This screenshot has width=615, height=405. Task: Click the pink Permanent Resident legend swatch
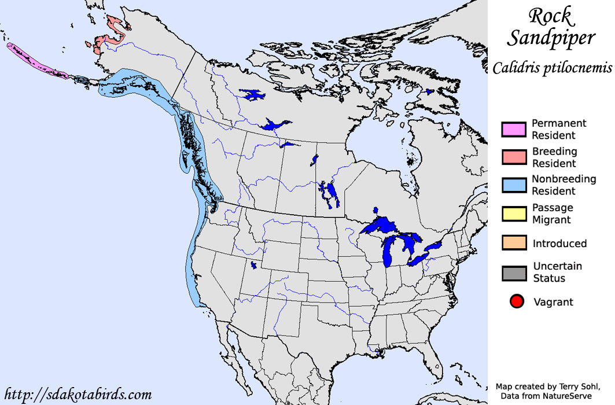(x=514, y=129)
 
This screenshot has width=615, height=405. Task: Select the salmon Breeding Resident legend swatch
(x=514, y=157)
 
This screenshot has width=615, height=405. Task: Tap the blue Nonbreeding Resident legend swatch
(x=514, y=185)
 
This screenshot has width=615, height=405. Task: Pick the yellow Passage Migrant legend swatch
(x=514, y=213)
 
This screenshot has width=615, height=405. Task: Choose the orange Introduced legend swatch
(x=514, y=243)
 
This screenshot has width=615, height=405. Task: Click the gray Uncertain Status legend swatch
(x=514, y=273)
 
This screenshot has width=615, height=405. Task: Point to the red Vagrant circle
(x=517, y=301)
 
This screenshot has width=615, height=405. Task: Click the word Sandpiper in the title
(x=551, y=38)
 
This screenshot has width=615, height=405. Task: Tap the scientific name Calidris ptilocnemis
(x=552, y=68)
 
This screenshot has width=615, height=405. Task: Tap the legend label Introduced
(x=559, y=244)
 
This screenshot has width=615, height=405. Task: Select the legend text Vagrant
(x=553, y=302)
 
